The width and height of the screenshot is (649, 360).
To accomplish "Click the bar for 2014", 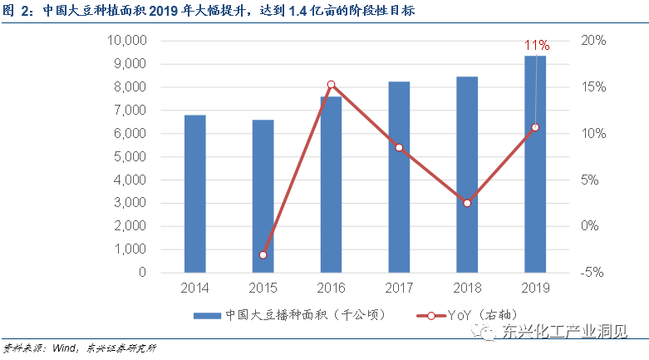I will point(194,193).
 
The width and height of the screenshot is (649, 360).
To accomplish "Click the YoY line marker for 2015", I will point(263,254).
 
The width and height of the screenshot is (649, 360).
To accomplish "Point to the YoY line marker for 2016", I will point(331,84).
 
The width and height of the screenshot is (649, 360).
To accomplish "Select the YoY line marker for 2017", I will point(399,147).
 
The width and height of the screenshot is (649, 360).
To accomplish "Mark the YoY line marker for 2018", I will point(467,203).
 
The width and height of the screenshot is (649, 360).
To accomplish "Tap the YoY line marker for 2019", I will point(535,127).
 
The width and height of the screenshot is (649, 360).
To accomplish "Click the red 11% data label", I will point(536,44).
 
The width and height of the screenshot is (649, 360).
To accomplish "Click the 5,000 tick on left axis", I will point(131,156).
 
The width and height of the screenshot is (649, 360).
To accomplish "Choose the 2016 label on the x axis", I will point(331,288).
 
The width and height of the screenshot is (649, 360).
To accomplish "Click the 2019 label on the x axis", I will point(535,288).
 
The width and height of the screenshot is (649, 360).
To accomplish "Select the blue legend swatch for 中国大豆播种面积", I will point(207,316).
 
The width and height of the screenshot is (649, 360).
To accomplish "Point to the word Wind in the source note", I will point(62,348).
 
